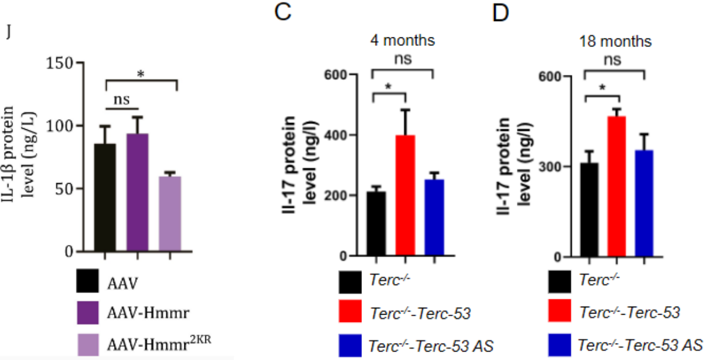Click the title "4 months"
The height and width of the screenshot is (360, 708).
click(402, 41)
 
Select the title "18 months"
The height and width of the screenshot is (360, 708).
click(616, 42)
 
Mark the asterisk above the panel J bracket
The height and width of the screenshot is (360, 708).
click(141, 74)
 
